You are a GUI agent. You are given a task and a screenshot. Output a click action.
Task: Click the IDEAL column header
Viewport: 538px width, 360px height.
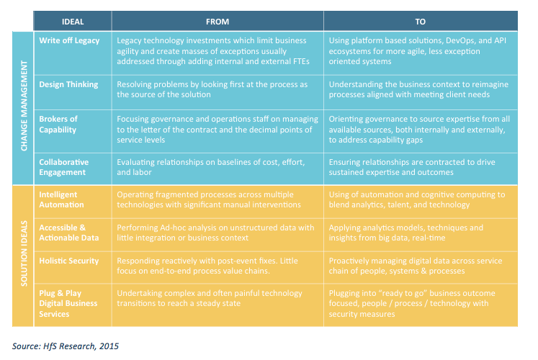tap(73, 22)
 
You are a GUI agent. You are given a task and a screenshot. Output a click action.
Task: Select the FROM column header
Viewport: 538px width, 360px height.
tap(217, 22)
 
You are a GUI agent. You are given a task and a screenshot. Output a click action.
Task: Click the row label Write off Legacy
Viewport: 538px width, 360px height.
tap(71, 41)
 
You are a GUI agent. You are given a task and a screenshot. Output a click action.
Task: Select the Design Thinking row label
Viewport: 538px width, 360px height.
tap(69, 84)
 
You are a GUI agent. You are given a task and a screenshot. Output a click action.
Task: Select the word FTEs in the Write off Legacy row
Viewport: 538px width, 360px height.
tap(304, 61)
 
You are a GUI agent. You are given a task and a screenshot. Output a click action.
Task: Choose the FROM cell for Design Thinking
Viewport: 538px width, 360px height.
tap(217, 89)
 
